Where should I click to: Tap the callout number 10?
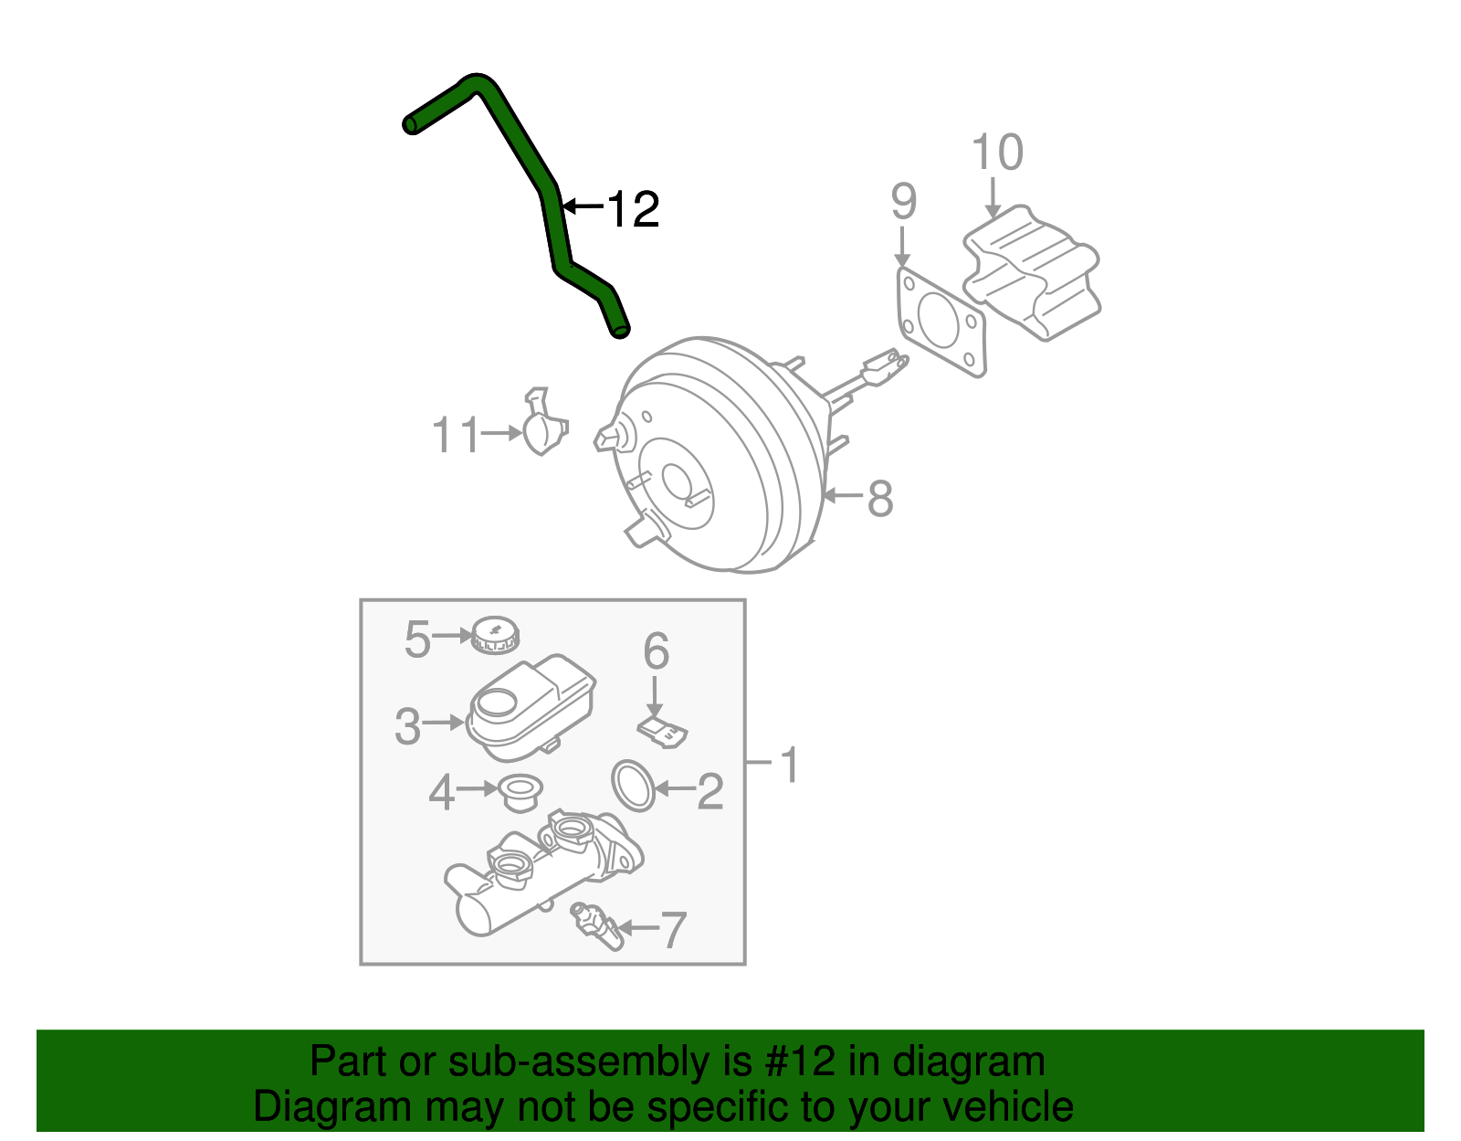click(x=997, y=153)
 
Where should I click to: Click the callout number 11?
click(x=455, y=436)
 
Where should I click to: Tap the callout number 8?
click(x=879, y=499)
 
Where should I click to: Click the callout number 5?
click(x=416, y=639)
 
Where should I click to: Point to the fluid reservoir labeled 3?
click(x=530, y=708)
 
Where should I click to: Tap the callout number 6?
click(x=656, y=652)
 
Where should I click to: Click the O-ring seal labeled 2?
click(x=633, y=785)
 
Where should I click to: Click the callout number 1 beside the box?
click(x=789, y=765)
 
